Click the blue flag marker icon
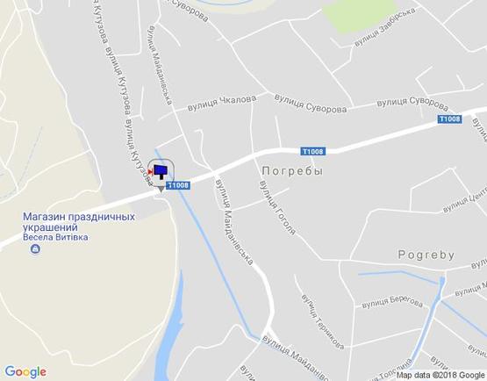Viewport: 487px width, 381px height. point(162,170)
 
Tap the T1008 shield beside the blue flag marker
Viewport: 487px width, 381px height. point(177,184)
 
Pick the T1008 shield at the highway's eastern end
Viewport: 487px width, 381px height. point(449,119)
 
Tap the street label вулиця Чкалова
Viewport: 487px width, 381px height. point(219,104)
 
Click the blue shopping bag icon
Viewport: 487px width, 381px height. point(35,251)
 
